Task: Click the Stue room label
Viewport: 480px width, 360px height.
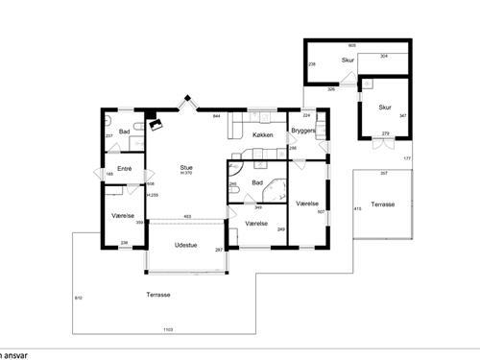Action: click(x=185, y=166)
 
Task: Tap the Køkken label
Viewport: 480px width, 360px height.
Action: click(x=263, y=135)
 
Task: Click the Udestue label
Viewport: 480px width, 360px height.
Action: click(x=186, y=245)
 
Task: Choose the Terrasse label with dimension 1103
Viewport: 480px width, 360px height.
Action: click(x=146, y=294)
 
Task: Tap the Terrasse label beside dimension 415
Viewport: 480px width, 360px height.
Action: click(x=383, y=204)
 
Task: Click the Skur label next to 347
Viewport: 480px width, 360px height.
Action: click(x=384, y=107)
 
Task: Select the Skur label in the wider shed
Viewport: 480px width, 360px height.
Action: click(x=348, y=60)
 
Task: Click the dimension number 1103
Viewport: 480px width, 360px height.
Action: click(x=168, y=329)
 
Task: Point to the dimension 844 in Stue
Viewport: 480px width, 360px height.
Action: click(x=216, y=116)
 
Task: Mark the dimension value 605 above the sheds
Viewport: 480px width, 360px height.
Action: click(x=352, y=45)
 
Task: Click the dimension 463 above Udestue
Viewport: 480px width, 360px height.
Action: click(x=188, y=216)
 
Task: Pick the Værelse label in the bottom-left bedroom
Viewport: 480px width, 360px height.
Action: click(x=122, y=216)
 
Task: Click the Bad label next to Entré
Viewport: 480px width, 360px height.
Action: click(x=124, y=131)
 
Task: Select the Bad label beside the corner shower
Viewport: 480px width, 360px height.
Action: click(x=256, y=181)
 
